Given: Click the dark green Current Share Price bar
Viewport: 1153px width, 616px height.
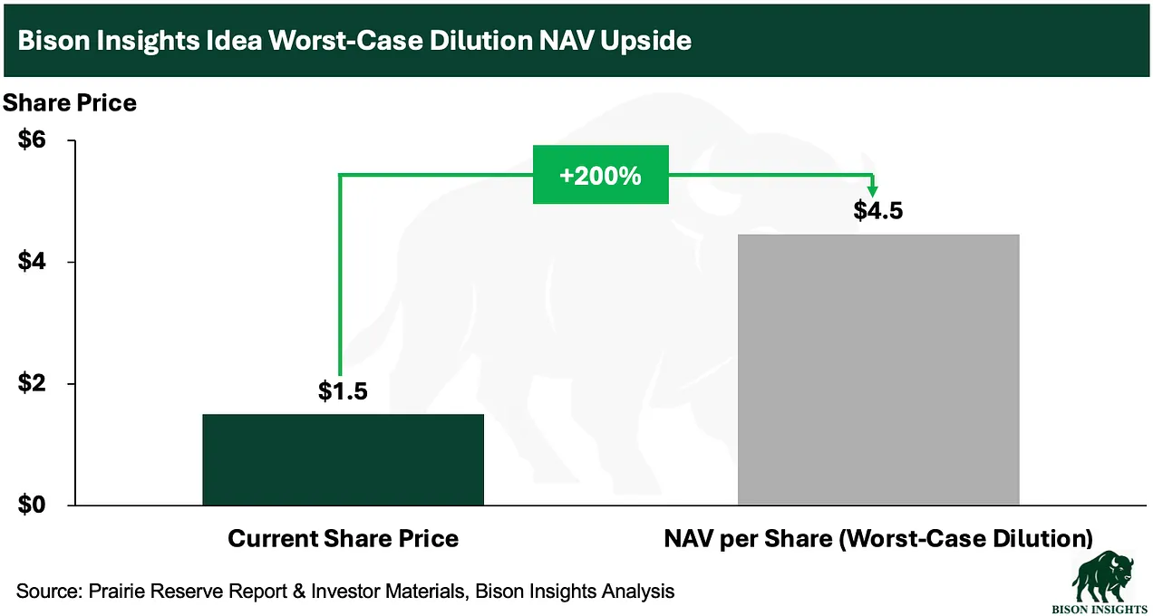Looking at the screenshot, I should [x=343, y=459].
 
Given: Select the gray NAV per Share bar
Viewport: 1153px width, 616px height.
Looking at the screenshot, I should [x=878, y=369].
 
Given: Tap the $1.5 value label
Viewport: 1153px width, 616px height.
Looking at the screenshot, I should [x=343, y=391].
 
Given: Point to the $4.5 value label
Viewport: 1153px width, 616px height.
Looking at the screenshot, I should [x=878, y=210].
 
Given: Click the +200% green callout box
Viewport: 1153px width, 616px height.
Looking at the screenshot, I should [x=600, y=175].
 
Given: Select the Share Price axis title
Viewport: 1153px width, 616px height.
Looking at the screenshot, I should [x=70, y=103].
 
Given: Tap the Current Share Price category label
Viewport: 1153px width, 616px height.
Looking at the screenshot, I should [x=343, y=539].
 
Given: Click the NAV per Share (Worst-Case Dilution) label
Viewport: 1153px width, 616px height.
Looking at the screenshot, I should [x=878, y=539].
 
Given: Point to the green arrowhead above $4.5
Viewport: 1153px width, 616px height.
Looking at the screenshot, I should [x=872, y=190].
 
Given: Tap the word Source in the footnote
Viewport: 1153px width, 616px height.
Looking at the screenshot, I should [x=49, y=592].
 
